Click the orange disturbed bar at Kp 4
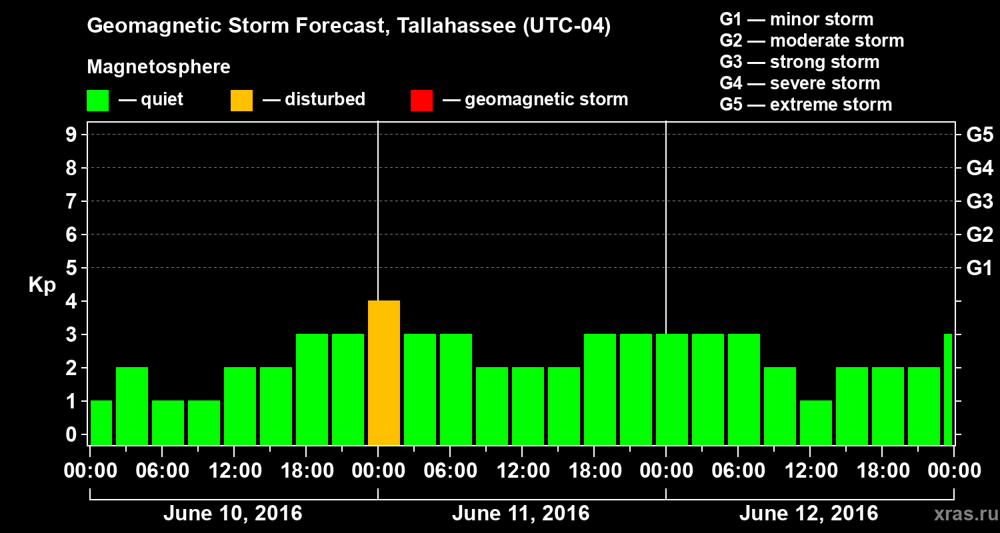[x=384, y=372]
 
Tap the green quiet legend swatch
[x=97, y=100]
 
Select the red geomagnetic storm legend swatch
[x=421, y=100]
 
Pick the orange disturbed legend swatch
[x=241, y=100]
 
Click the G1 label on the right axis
[x=979, y=268]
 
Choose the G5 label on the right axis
[x=979, y=135]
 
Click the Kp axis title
[x=42, y=285]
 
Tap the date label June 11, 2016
[x=521, y=514]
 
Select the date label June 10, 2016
[x=233, y=514]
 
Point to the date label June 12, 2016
[x=809, y=514]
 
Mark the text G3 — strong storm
[x=799, y=62]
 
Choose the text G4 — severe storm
[x=800, y=83]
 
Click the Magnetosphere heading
[x=159, y=67]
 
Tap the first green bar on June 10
[x=101, y=422]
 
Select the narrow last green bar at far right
[x=948, y=389]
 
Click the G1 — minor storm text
[x=797, y=19]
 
